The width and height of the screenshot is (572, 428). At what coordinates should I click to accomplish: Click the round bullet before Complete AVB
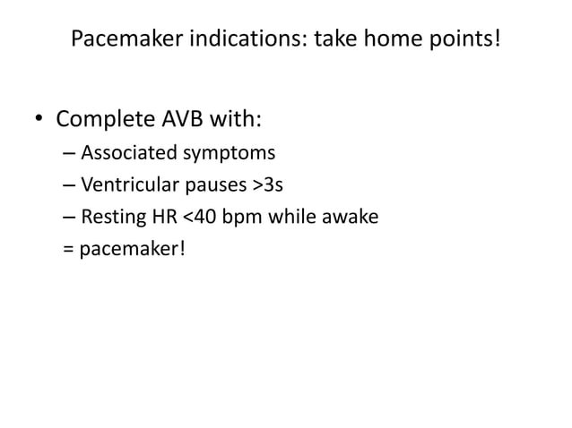40,120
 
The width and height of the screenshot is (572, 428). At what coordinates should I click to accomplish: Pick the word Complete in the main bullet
106,119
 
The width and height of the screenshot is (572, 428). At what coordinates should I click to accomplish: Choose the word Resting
110,217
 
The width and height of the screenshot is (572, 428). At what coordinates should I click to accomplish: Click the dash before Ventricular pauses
70,185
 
